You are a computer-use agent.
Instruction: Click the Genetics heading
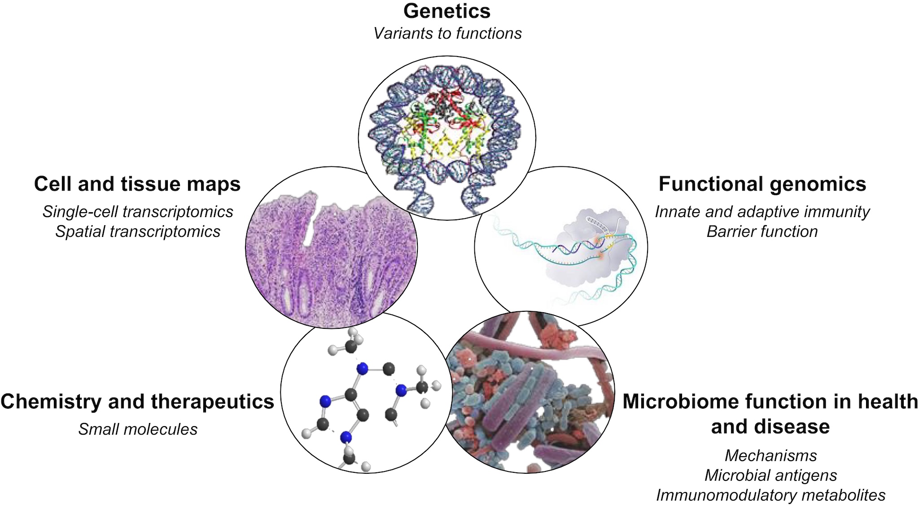tap(447, 12)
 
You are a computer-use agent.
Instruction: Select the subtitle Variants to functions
tap(447, 33)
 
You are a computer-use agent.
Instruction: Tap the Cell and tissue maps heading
tap(137, 184)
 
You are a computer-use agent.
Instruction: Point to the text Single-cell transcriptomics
tap(138, 212)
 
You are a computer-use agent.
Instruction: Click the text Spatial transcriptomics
tap(138, 231)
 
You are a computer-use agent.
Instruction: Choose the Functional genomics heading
tap(762, 184)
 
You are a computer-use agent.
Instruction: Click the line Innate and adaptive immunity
tap(762, 212)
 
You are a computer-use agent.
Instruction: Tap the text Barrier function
tap(762, 231)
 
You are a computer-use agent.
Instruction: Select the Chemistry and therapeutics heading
tap(137, 402)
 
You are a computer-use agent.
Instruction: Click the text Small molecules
tap(138, 429)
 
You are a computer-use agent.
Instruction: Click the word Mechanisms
tap(770, 456)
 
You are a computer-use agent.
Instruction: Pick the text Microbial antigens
tap(770, 475)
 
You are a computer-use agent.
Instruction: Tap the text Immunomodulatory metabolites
tap(770, 495)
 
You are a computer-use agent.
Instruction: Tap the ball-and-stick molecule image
tap(366, 392)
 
